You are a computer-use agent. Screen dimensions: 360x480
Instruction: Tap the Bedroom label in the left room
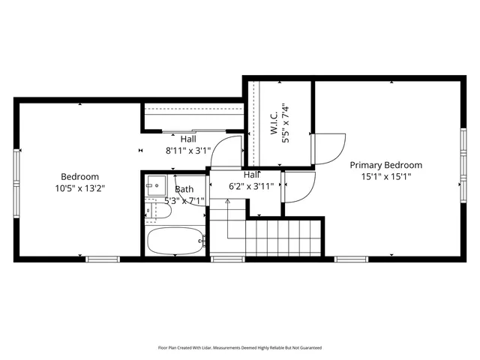coord(79,177)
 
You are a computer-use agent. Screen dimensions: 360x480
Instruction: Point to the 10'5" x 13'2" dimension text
coord(79,189)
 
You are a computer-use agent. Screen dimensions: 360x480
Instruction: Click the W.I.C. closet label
coord(274,123)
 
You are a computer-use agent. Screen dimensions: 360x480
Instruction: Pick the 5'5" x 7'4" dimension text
coord(284,123)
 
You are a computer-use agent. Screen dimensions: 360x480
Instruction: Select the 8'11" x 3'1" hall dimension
coord(188,150)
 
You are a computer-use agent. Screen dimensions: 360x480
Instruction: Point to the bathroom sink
coord(156,184)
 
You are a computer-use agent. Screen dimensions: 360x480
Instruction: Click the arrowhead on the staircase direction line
coord(228,201)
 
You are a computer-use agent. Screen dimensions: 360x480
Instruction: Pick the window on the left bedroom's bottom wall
coord(103,259)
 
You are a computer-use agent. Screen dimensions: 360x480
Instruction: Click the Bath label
coord(184,190)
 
